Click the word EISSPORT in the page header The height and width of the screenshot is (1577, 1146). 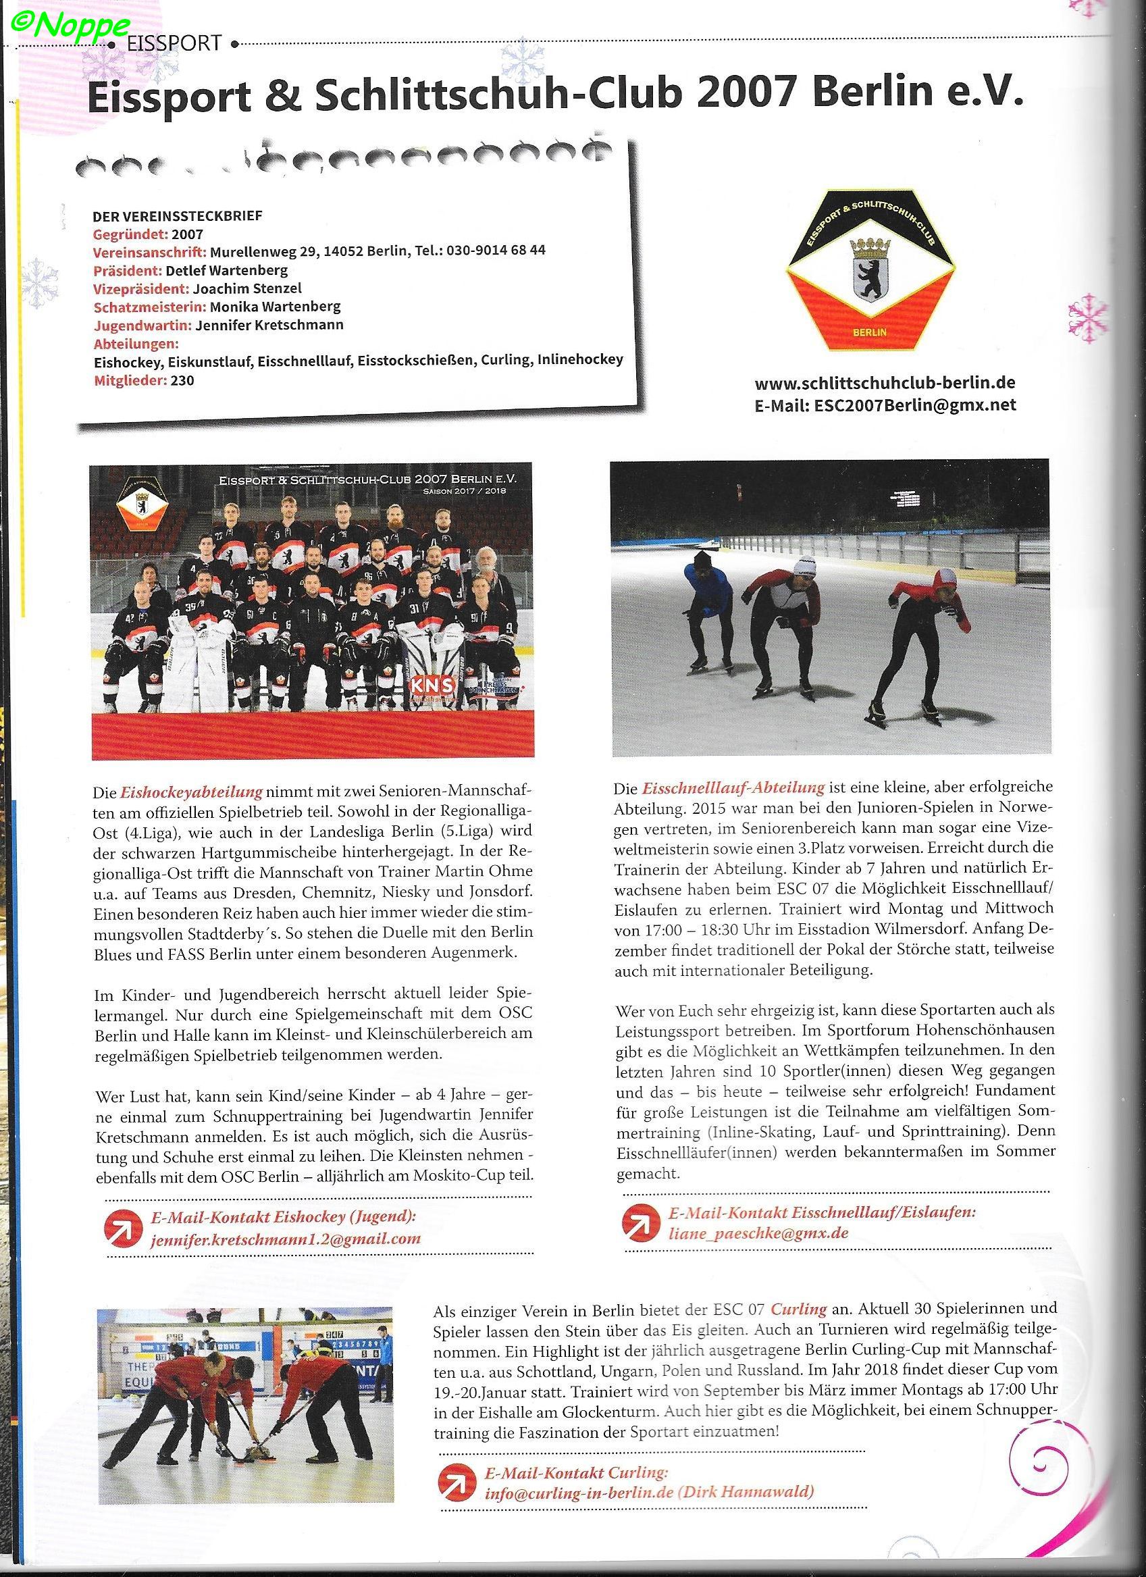[x=175, y=44]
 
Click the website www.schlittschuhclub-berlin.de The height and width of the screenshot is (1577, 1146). [x=885, y=383]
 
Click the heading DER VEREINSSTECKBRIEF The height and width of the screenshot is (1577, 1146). [x=178, y=216]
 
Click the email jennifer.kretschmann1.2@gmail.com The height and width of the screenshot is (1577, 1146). [x=285, y=1239]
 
